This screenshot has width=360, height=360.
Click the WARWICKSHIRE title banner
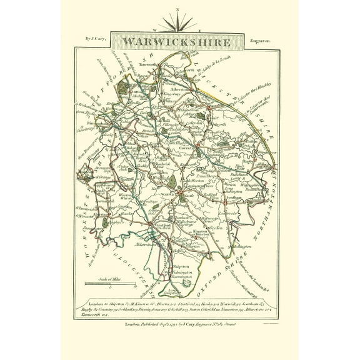(179, 43)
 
